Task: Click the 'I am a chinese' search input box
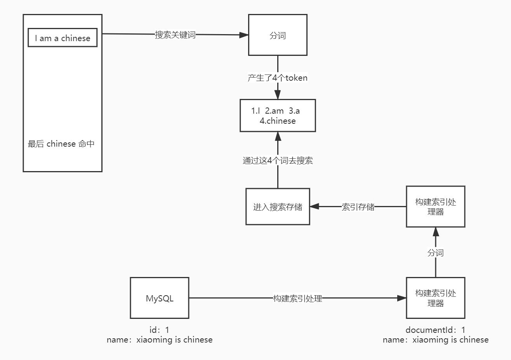pyautogui.click(x=63, y=38)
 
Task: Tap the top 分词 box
pyautogui.click(x=278, y=35)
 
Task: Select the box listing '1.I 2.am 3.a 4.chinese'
pyautogui.click(x=278, y=116)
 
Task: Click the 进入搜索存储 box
pyautogui.click(x=278, y=207)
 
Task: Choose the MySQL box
pyautogui.click(x=160, y=298)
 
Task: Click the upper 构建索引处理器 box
pyautogui.click(x=435, y=207)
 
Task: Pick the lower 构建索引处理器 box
pyautogui.click(x=435, y=298)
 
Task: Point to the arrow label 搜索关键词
pyautogui.click(x=175, y=35)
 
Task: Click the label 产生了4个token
pyautogui.click(x=278, y=78)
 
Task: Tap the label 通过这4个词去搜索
pyautogui.click(x=278, y=161)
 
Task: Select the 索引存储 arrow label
pyautogui.click(x=358, y=207)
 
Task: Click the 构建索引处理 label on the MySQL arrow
pyautogui.click(x=297, y=298)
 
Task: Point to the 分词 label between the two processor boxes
pyautogui.click(x=435, y=253)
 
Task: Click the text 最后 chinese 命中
pyautogui.click(x=61, y=144)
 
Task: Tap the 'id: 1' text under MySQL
pyautogui.click(x=160, y=330)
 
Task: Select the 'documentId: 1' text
pyautogui.click(x=435, y=330)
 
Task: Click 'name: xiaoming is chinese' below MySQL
pyautogui.click(x=160, y=340)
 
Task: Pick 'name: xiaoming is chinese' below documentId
pyautogui.click(x=435, y=340)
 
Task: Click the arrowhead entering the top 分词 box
pyautogui.click(x=244, y=35)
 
